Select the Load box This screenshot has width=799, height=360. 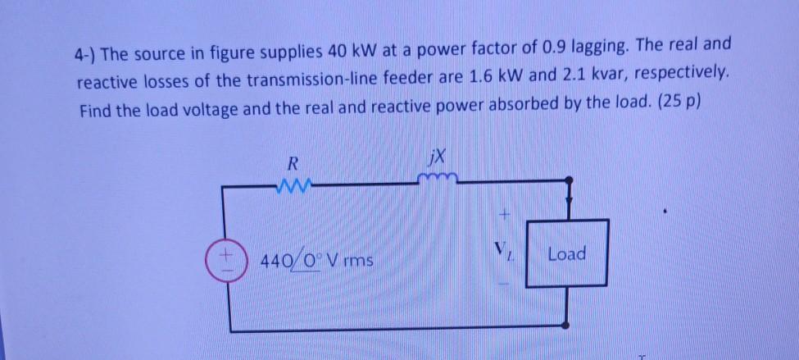(x=567, y=254)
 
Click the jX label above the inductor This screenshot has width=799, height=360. (x=435, y=154)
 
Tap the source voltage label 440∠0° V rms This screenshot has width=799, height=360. (x=316, y=262)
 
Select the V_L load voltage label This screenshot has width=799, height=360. (x=503, y=252)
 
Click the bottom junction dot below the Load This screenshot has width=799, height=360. (x=566, y=328)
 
